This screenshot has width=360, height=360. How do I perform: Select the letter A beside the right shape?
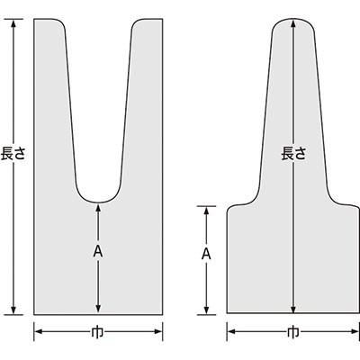[x=206, y=254]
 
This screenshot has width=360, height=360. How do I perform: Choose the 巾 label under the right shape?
[x=293, y=332]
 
